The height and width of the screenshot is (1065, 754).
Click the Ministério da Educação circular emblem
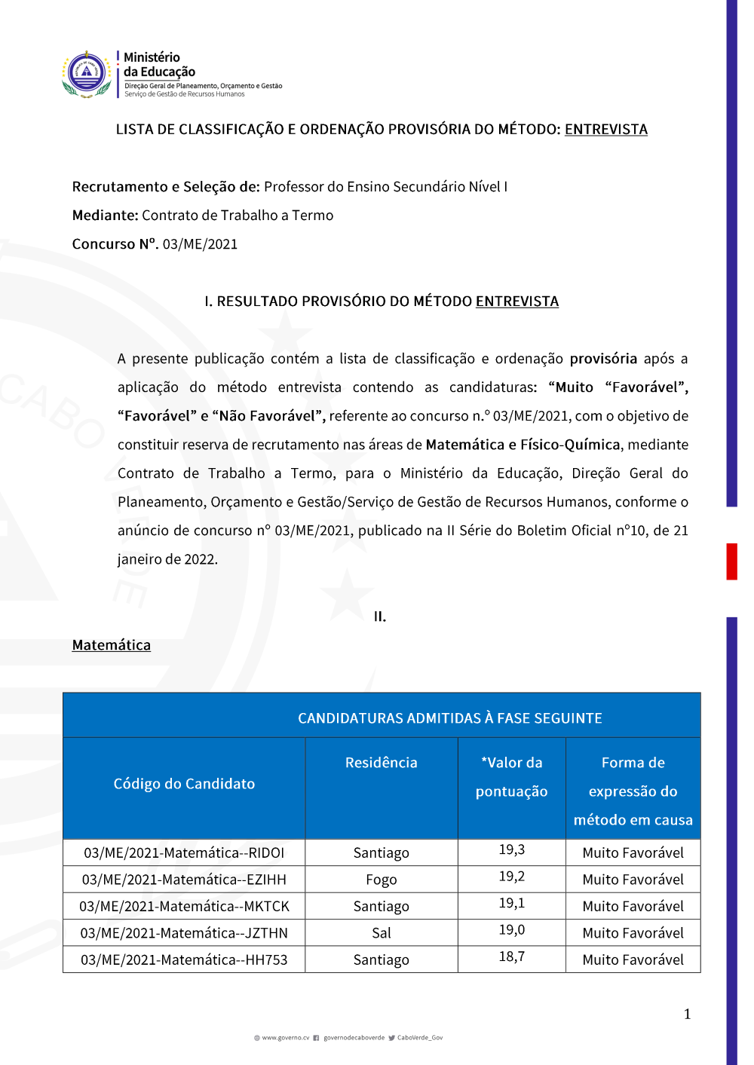point(87,74)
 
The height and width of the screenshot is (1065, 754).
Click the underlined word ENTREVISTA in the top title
point(605,130)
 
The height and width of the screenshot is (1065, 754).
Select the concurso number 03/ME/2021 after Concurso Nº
point(200,244)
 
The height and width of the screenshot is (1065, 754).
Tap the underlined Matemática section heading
point(112,645)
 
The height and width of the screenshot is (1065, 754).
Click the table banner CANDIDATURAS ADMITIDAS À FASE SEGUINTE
point(449,718)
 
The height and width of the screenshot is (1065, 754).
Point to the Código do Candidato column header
point(184,784)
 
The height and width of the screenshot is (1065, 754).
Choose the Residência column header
point(381,763)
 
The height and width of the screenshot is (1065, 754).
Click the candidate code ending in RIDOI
point(184,852)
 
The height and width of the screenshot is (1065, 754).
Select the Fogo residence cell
point(381,880)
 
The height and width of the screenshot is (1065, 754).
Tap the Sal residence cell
point(381,933)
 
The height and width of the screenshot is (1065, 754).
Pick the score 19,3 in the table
point(511,850)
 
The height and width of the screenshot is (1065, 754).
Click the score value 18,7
point(511,957)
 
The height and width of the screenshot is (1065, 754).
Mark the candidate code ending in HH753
point(184,960)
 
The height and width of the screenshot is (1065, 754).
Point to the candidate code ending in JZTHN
point(184,933)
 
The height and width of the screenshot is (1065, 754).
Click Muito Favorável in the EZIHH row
point(633,880)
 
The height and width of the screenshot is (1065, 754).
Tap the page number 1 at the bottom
point(687,1015)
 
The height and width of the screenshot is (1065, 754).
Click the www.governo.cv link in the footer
point(285,1038)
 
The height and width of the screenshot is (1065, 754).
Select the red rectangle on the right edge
point(731,562)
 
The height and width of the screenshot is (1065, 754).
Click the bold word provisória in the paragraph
point(603,359)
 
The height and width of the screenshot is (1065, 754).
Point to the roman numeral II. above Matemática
point(380,617)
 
